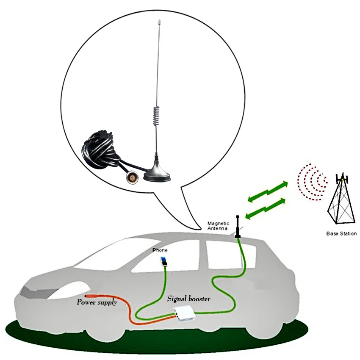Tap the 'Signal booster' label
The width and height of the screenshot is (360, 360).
189,299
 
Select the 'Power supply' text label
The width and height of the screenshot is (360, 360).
97,302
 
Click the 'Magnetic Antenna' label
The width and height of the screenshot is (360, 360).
218,226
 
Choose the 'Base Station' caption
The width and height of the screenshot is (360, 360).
341,233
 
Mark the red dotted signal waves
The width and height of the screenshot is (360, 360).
313,182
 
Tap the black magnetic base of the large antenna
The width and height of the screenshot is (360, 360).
156,173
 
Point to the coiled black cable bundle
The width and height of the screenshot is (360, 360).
100,148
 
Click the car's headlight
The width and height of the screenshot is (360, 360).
32,293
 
